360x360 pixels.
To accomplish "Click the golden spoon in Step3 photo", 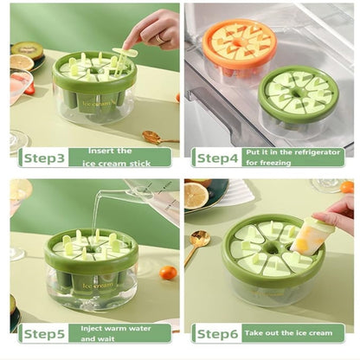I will coord(157,137).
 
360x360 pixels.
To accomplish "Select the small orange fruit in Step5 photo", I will coord(169,273).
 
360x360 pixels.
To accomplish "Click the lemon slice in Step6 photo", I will coord(196,196).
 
